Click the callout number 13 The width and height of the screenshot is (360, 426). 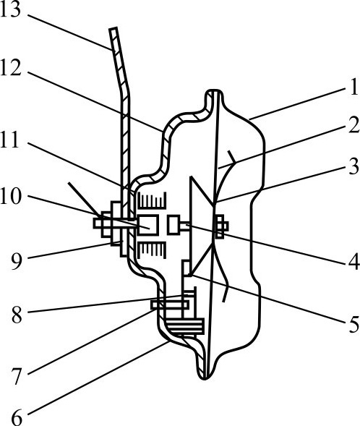point(10,10)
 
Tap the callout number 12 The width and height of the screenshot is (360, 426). point(10,68)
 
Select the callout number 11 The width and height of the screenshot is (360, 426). point(10,140)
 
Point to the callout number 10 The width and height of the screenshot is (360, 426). point(10,196)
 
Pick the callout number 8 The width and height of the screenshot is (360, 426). point(17,315)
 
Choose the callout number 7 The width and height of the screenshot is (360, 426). point(17,376)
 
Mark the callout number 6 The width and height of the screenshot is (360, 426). point(17,417)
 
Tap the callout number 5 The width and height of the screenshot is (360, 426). point(354,325)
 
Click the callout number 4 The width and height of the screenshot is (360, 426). point(354,262)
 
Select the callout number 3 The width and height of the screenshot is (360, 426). point(354,166)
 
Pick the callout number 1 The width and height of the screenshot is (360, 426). point(354,87)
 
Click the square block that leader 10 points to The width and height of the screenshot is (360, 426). point(148,225)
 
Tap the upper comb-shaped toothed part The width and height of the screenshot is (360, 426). point(152,200)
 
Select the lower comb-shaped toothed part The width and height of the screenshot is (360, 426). point(152,250)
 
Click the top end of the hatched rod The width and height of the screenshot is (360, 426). point(113,28)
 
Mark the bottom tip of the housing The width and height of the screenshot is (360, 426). point(205,378)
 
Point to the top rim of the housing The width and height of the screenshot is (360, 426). point(214,90)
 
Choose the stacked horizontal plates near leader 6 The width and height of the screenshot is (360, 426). point(185,326)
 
